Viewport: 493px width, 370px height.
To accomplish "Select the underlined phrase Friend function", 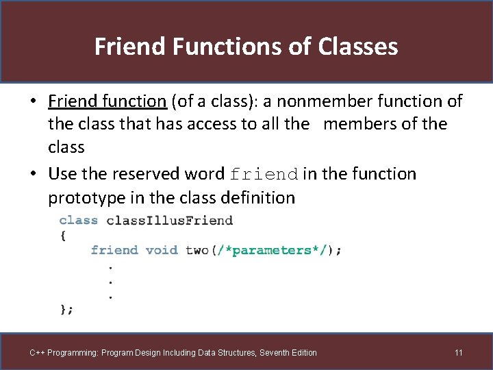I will (x=108, y=101).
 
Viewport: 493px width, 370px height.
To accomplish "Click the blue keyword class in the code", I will (x=79, y=220).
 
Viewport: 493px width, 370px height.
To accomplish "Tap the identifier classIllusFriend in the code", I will (x=170, y=220).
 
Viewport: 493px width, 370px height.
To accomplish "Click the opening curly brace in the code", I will (x=63, y=235).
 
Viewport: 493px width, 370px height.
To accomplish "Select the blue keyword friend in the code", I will (x=114, y=250).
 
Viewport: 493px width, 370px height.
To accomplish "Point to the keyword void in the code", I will (x=162, y=250).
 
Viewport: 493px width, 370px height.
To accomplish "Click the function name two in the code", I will (x=197, y=250).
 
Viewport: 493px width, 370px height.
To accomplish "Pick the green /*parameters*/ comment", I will (x=271, y=250).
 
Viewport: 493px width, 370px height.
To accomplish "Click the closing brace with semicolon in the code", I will (x=66, y=310).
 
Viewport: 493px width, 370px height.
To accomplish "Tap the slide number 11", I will (x=459, y=353).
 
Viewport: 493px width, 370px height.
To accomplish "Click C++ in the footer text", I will (x=38, y=353).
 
